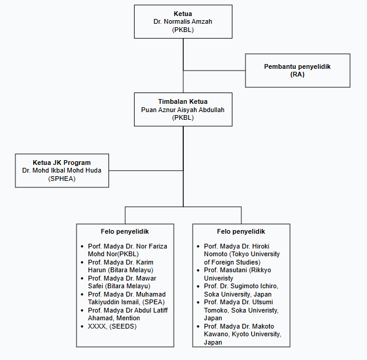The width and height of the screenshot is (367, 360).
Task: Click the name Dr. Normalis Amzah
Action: click(183, 21)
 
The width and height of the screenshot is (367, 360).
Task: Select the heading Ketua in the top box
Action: click(183, 13)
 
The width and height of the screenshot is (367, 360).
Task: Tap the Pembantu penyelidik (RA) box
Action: click(297, 71)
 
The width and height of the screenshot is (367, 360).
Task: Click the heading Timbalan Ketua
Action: click(183, 101)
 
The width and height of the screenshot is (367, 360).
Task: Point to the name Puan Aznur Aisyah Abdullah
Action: click(183, 110)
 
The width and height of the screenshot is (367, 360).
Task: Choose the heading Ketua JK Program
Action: click(62, 162)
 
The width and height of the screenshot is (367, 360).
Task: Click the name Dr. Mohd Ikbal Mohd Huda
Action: click(62, 170)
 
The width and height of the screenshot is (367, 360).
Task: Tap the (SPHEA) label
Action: click(62, 179)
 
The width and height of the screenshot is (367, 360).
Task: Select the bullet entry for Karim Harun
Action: click(120, 266)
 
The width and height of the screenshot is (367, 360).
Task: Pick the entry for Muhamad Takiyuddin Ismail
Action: click(126, 298)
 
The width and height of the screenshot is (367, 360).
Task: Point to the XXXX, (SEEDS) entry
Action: click(113, 327)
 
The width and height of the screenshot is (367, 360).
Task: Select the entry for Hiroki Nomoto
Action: click(241, 254)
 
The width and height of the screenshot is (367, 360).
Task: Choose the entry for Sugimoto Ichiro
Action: click(241, 290)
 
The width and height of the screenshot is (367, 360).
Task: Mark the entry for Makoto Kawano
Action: click(241, 334)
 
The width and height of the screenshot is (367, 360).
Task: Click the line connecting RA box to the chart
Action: click(214, 71)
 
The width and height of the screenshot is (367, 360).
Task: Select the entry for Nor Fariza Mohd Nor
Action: click(126, 250)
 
